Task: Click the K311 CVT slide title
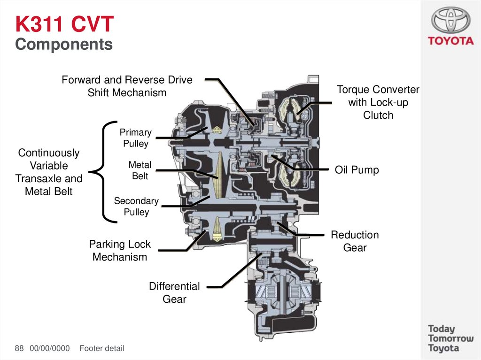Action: pyautogui.click(x=64, y=24)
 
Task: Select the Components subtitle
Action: pyautogui.click(x=64, y=45)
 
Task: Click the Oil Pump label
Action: pyautogui.click(x=357, y=170)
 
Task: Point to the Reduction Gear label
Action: pyautogui.click(x=355, y=241)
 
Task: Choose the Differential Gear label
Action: pyautogui.click(x=174, y=292)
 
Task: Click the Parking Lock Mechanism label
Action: pyautogui.click(x=120, y=251)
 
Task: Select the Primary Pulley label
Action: pyautogui.click(x=135, y=138)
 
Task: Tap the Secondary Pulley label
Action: pyautogui.click(x=136, y=207)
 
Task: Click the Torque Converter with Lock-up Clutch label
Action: pyautogui.click(x=378, y=102)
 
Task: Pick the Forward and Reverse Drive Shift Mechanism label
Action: pyautogui.click(x=127, y=86)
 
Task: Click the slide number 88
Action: pyautogui.click(x=19, y=348)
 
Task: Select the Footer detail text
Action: pyautogui.click(x=102, y=348)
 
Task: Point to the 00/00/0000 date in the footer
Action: pyautogui.click(x=49, y=348)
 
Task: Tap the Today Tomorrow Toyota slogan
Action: pyautogui.click(x=450, y=338)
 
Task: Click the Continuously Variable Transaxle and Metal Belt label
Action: pyautogui.click(x=49, y=172)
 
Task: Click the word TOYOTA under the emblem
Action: pyautogui.click(x=450, y=41)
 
